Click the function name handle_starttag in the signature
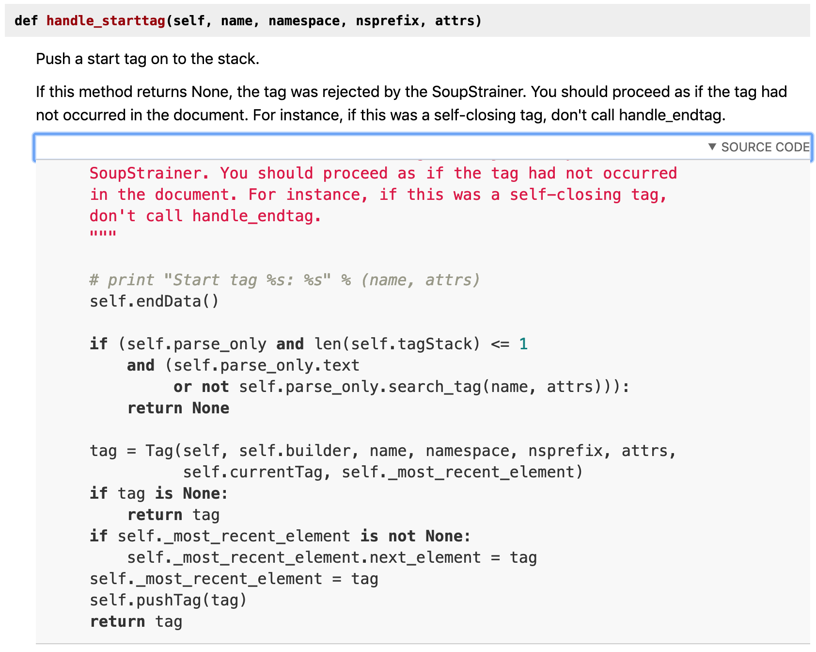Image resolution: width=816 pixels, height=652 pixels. tap(106, 21)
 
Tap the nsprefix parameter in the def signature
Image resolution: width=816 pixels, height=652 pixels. tap(387, 21)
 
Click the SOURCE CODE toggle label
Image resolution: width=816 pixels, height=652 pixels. tap(765, 147)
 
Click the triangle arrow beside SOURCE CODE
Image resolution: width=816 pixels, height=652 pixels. tap(712, 147)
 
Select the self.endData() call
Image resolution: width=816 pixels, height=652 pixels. tap(154, 301)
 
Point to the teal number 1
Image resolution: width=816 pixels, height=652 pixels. tap(523, 344)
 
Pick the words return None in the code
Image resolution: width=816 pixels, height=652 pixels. tap(178, 408)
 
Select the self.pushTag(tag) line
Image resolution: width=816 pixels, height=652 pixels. tap(168, 600)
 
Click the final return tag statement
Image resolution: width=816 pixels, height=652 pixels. tap(136, 621)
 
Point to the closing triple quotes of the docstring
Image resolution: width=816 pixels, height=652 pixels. tap(103, 234)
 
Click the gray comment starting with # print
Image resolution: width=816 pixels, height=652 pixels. tap(284, 280)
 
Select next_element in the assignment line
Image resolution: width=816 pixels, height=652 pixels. tap(425, 557)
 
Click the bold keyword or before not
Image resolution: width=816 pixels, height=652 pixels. tap(182, 387)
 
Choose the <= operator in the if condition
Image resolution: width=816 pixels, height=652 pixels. tap(500, 344)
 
